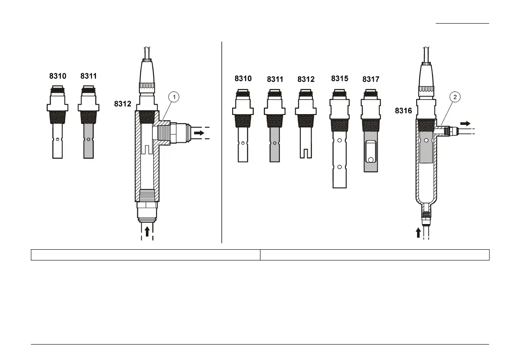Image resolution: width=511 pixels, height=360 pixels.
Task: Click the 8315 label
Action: click(x=339, y=79)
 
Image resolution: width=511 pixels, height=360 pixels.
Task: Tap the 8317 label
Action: click(x=371, y=79)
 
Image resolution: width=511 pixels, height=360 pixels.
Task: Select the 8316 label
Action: click(x=403, y=111)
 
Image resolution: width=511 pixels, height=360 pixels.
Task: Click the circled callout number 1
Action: click(x=174, y=97)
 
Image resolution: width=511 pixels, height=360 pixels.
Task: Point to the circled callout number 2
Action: click(x=455, y=97)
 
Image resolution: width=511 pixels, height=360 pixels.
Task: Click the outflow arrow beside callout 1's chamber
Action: click(x=199, y=133)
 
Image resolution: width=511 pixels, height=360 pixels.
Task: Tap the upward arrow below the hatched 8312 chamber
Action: click(x=147, y=231)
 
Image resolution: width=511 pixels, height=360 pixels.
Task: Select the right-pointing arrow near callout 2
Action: click(x=466, y=124)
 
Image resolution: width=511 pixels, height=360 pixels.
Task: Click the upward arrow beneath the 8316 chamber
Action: click(x=418, y=233)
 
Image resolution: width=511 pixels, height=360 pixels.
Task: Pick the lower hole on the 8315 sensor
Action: click(x=339, y=167)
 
